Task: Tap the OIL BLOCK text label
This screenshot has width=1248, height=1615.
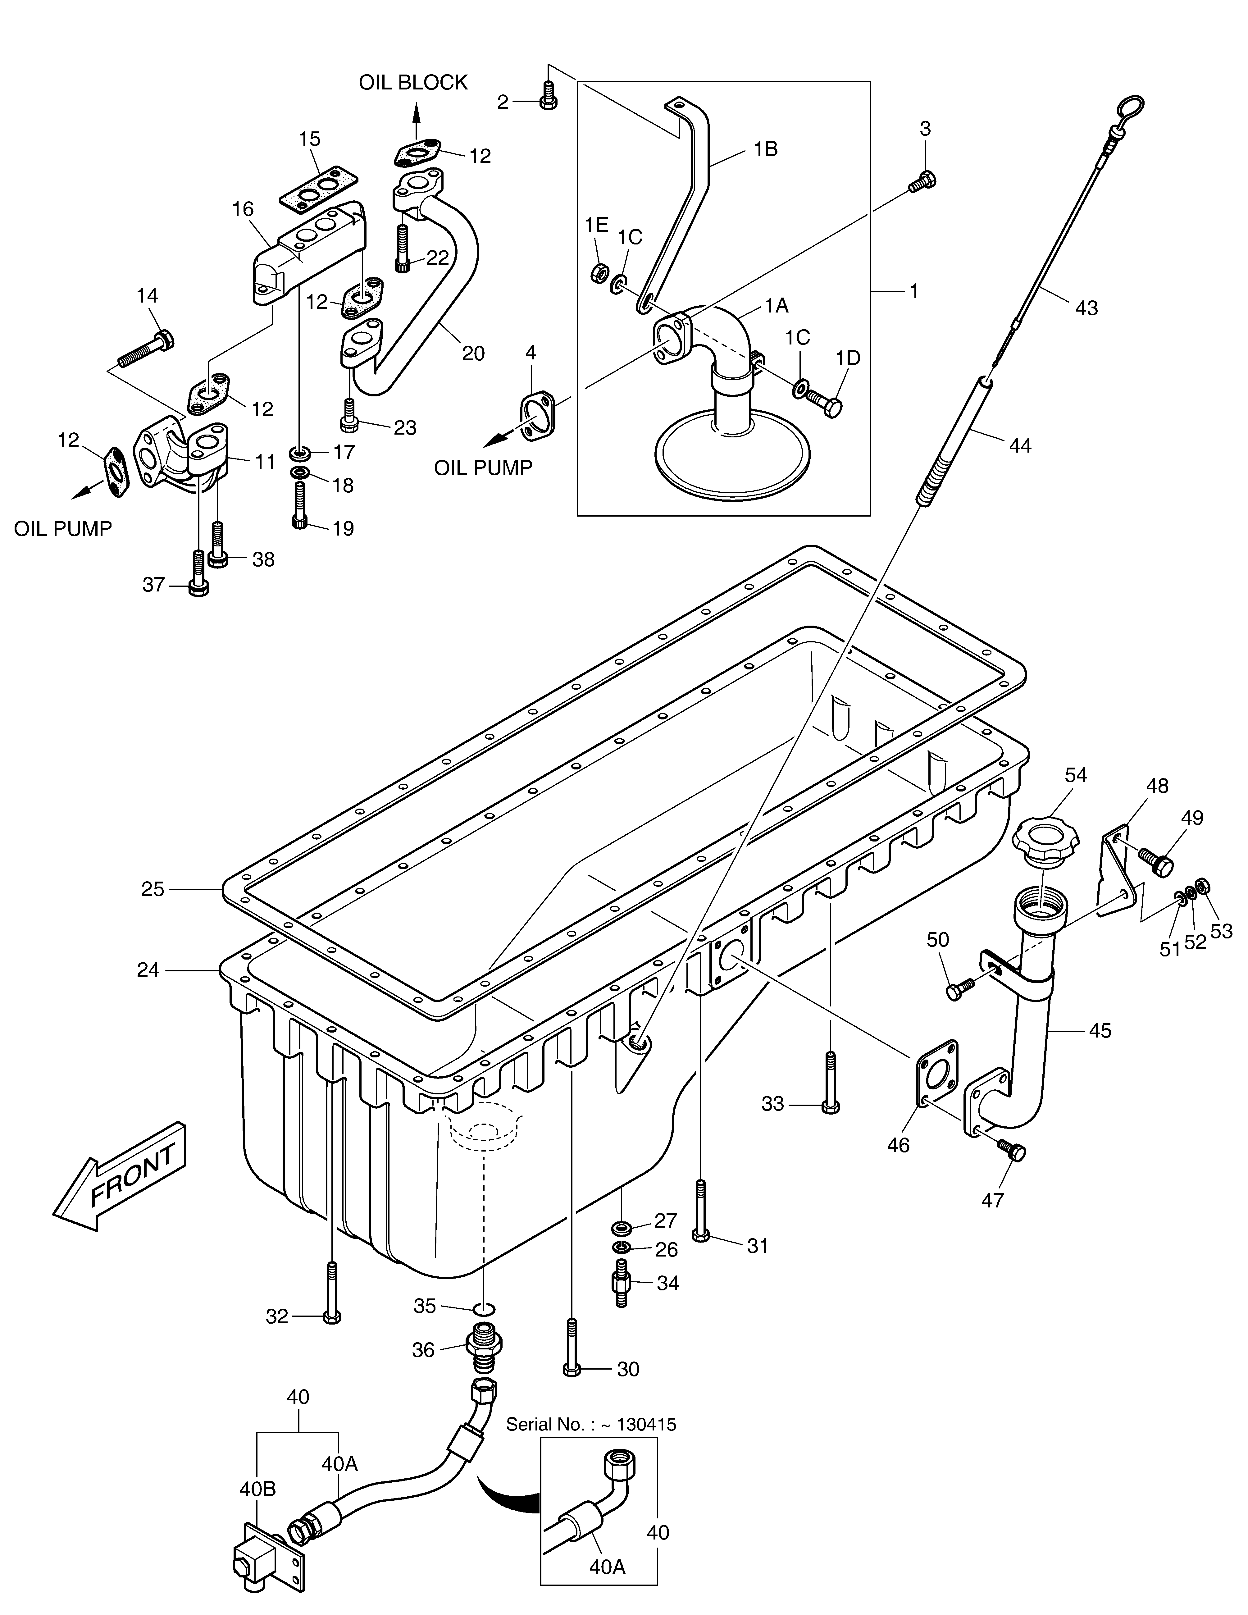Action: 413,83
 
